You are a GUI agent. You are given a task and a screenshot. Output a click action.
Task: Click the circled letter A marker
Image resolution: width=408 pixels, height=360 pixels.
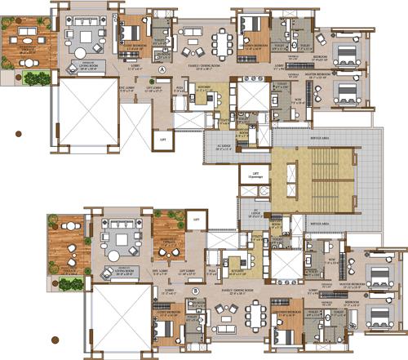(x=162, y=71)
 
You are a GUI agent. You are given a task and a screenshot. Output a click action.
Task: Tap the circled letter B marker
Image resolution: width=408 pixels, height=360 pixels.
(x=195, y=289)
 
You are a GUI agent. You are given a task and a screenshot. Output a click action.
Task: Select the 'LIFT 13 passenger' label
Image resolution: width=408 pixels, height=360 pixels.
(x=255, y=174)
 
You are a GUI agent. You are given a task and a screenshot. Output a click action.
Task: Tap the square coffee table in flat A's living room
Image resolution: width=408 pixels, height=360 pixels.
(x=85, y=37)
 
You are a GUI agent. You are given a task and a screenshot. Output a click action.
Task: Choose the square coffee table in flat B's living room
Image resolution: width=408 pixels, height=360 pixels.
(x=110, y=243)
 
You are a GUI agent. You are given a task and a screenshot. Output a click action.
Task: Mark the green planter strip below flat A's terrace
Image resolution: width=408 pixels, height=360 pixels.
(x=35, y=79)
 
